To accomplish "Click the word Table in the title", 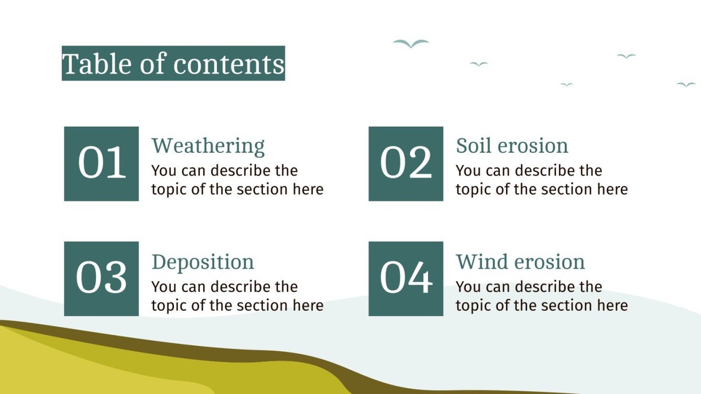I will click(x=96, y=64).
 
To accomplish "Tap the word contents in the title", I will click(x=229, y=64).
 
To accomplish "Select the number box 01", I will click(x=101, y=163).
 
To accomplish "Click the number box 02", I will click(x=406, y=163).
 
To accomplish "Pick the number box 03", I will click(x=101, y=278).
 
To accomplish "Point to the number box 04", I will click(x=406, y=278).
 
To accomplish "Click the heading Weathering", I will click(x=208, y=145).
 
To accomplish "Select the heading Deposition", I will click(x=203, y=262).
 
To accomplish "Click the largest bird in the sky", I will click(x=411, y=44).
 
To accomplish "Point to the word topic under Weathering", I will click(x=169, y=189).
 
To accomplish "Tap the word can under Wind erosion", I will click(x=487, y=287).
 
